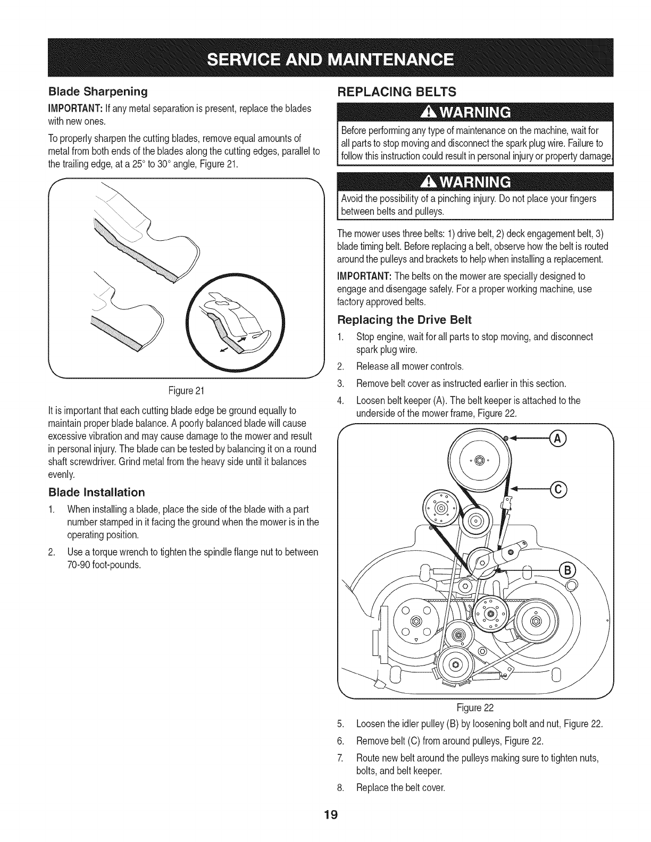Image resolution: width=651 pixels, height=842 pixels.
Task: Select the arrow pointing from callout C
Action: (x=532, y=489)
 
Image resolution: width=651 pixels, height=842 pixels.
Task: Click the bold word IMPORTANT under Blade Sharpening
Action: (x=69, y=109)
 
